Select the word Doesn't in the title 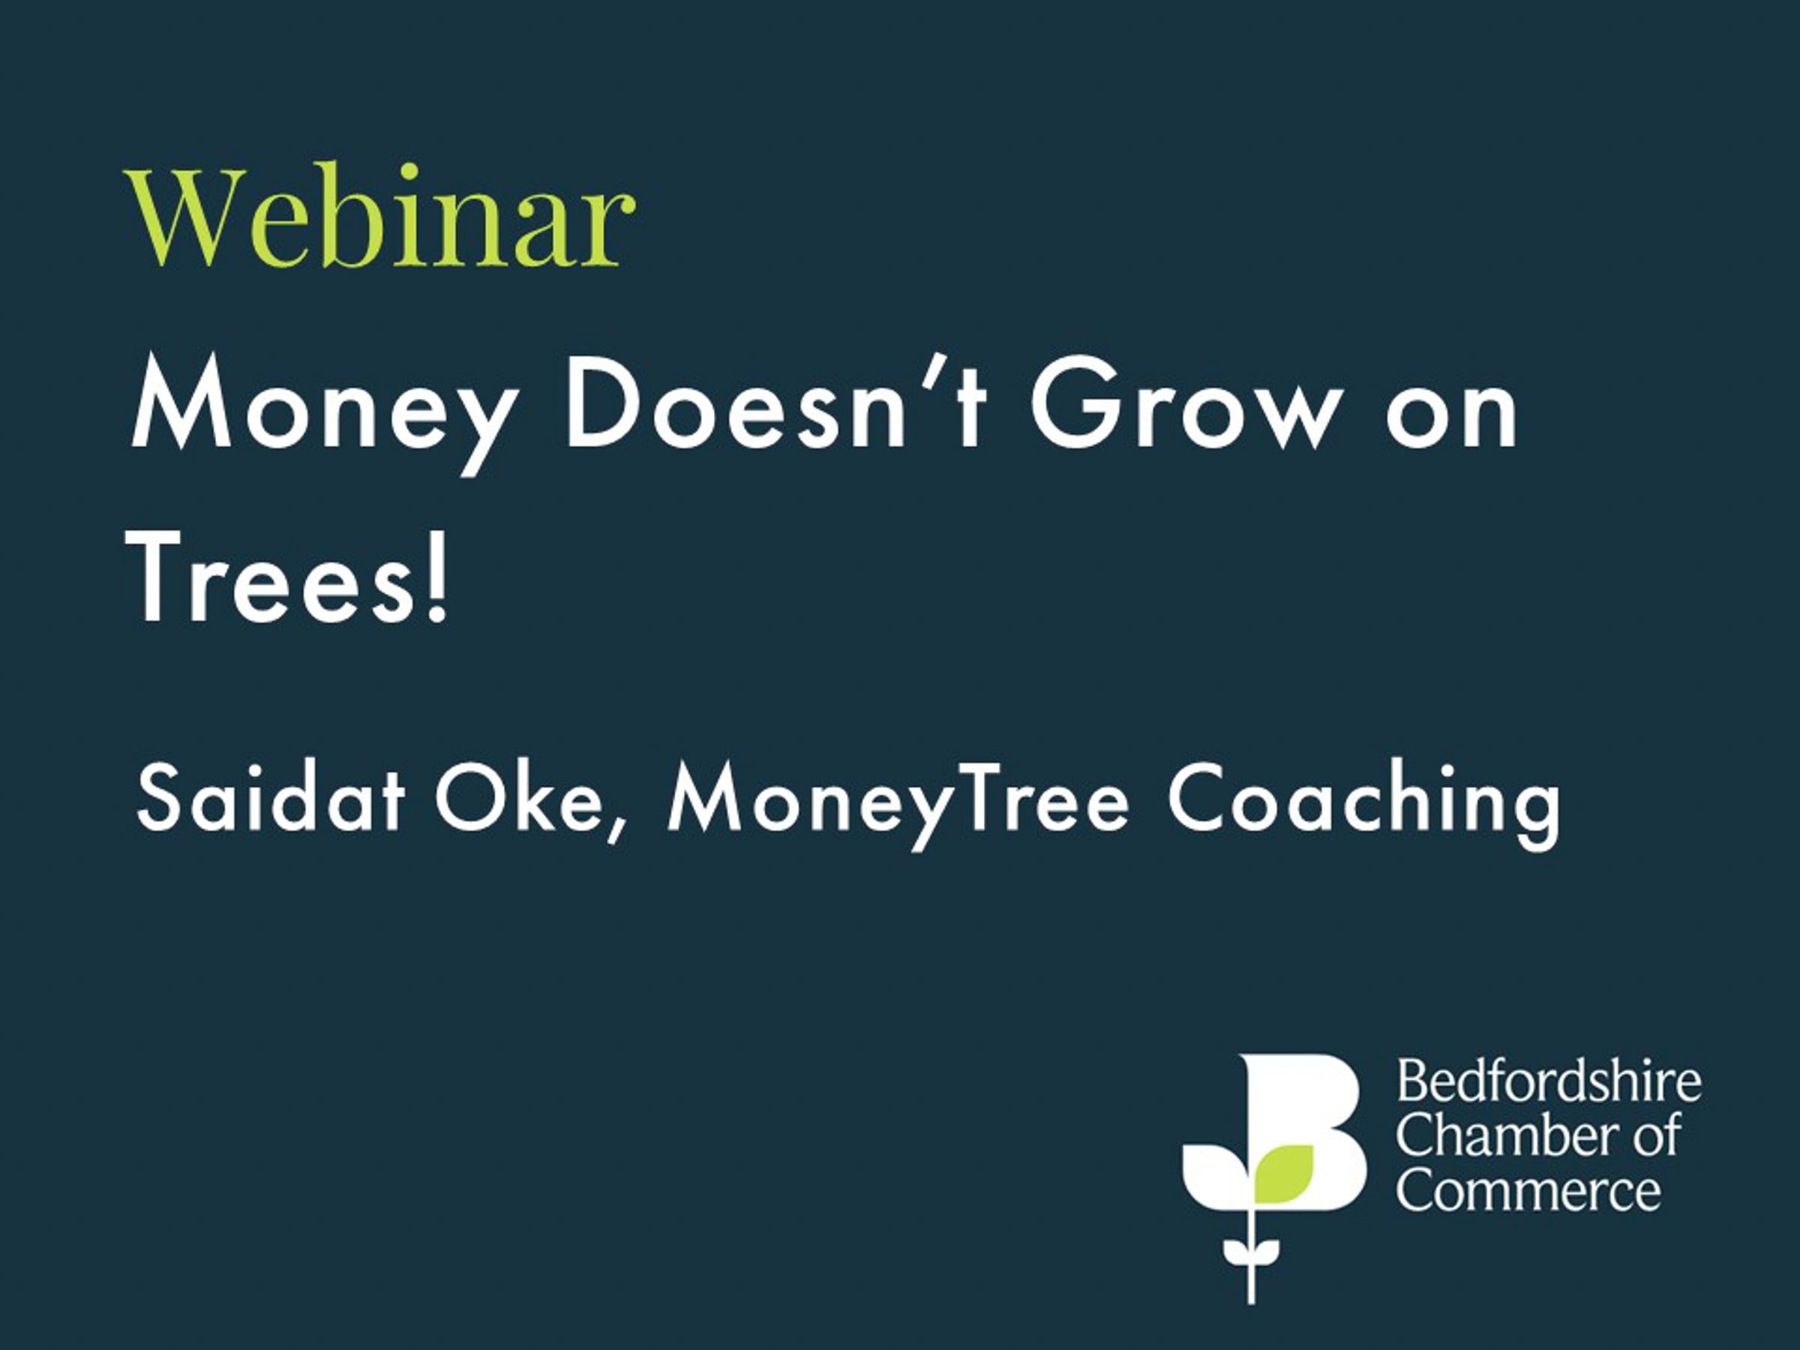click(x=776, y=402)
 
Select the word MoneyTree click(x=898, y=802)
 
